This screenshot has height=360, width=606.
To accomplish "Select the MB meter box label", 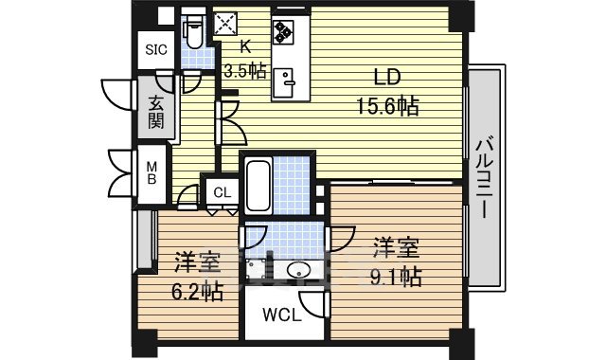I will click(151, 174).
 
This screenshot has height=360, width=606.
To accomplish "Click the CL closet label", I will click(221, 193).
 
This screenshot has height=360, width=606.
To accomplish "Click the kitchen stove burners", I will click(284, 31).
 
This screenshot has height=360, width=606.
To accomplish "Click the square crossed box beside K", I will click(226, 25).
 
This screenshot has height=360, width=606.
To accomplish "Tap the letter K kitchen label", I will click(245, 45).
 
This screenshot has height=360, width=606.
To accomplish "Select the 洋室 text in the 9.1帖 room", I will click(395, 248).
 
